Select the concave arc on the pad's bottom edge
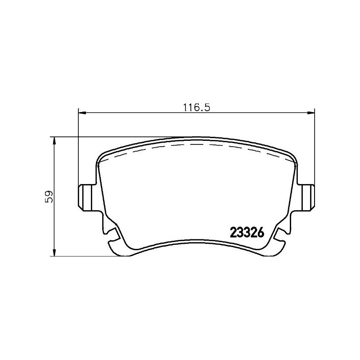[x=197, y=247]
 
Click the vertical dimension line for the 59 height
[x=54, y=216]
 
